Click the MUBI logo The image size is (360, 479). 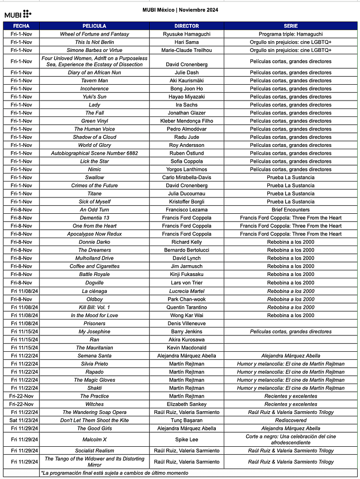click(x=18, y=14)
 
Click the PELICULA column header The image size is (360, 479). click(x=94, y=26)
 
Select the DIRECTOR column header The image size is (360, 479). click(x=186, y=26)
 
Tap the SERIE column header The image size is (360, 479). click(x=290, y=26)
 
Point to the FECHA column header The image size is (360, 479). click(x=21, y=26)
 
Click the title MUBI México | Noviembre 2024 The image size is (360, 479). click(x=180, y=10)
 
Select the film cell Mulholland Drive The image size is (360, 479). click(x=95, y=258)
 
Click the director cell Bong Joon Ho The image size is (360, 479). click(x=186, y=89)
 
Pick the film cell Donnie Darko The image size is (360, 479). click(x=95, y=242)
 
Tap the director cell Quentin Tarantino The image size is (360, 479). click(x=186, y=307)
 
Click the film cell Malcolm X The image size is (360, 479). click(x=95, y=440)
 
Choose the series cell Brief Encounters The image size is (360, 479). click(x=290, y=210)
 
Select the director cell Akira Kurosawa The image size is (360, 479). click(x=186, y=340)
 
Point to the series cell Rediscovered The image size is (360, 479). click(x=290, y=420)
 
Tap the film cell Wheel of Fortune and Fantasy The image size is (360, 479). click(x=95, y=34)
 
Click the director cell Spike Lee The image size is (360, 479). click(x=186, y=440)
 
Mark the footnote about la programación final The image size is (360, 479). click(x=115, y=473)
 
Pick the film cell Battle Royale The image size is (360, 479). click(x=95, y=274)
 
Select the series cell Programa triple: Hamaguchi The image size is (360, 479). click(x=290, y=34)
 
